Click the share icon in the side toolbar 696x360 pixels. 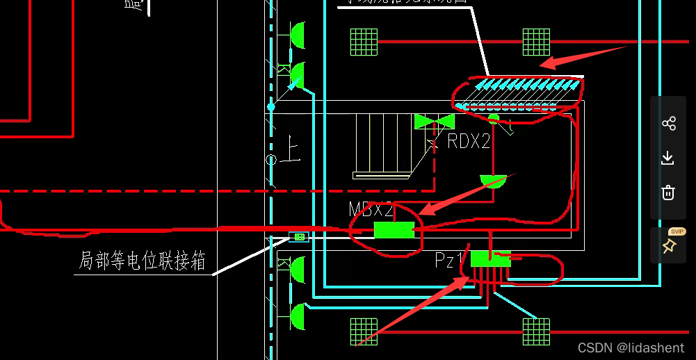pyautogui.click(x=669, y=124)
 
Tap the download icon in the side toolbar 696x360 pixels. pyautogui.click(x=668, y=158)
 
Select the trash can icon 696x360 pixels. pyautogui.click(x=668, y=193)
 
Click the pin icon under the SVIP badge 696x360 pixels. pyautogui.click(x=669, y=246)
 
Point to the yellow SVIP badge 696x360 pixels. pyautogui.click(x=677, y=231)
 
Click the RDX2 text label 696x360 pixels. pyautogui.click(x=469, y=142)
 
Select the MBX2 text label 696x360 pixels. pyautogui.click(x=371, y=210)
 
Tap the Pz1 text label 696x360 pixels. pyautogui.click(x=449, y=261)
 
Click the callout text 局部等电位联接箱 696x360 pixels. pyautogui.click(x=142, y=261)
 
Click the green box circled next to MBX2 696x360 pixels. pyautogui.click(x=394, y=230)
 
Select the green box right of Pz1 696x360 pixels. pyautogui.click(x=490, y=259)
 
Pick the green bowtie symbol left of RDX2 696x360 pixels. pyautogui.click(x=435, y=122)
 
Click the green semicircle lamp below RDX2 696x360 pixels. pyautogui.click(x=493, y=181)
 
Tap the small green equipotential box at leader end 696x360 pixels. pyautogui.click(x=300, y=237)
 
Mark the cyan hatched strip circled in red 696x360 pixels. pyautogui.click(x=518, y=93)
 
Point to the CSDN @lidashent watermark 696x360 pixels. pyautogui.click(x=631, y=347)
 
